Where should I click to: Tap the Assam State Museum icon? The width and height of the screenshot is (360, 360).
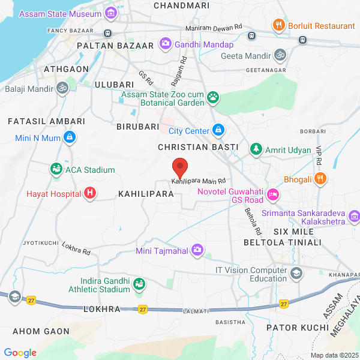coord(110,13)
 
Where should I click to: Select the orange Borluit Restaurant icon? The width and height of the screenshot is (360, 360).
coord(278,25)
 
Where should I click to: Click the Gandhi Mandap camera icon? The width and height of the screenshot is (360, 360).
coord(165,44)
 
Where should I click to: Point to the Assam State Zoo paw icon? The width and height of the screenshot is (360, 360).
coord(213,97)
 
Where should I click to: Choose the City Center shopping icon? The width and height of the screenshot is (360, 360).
coord(218,130)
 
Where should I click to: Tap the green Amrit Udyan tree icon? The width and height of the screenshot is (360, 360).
coord(256,149)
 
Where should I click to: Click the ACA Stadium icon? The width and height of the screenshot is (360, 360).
coord(56,170)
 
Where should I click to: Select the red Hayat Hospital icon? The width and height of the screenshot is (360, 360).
coord(90,193)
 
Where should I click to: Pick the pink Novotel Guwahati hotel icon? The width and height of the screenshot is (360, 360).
coord(273,194)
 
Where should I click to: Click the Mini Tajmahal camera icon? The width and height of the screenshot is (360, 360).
coord(197,251)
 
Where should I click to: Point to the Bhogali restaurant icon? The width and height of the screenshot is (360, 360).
coord(321,179)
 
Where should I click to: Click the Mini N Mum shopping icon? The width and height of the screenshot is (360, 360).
coord(70,138)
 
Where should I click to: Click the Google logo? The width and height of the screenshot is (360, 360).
coord(20,352)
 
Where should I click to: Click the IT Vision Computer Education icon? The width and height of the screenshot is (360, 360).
coord(296,274)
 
